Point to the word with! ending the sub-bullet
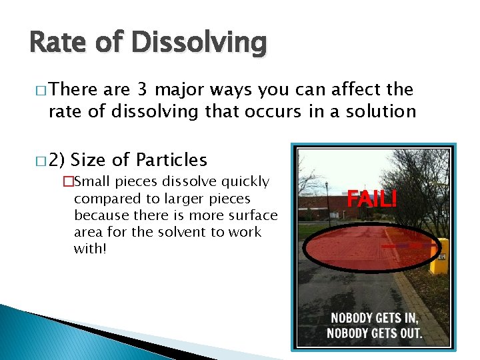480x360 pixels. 90,249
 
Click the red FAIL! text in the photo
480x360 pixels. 371,199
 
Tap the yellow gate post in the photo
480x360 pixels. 439,256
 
